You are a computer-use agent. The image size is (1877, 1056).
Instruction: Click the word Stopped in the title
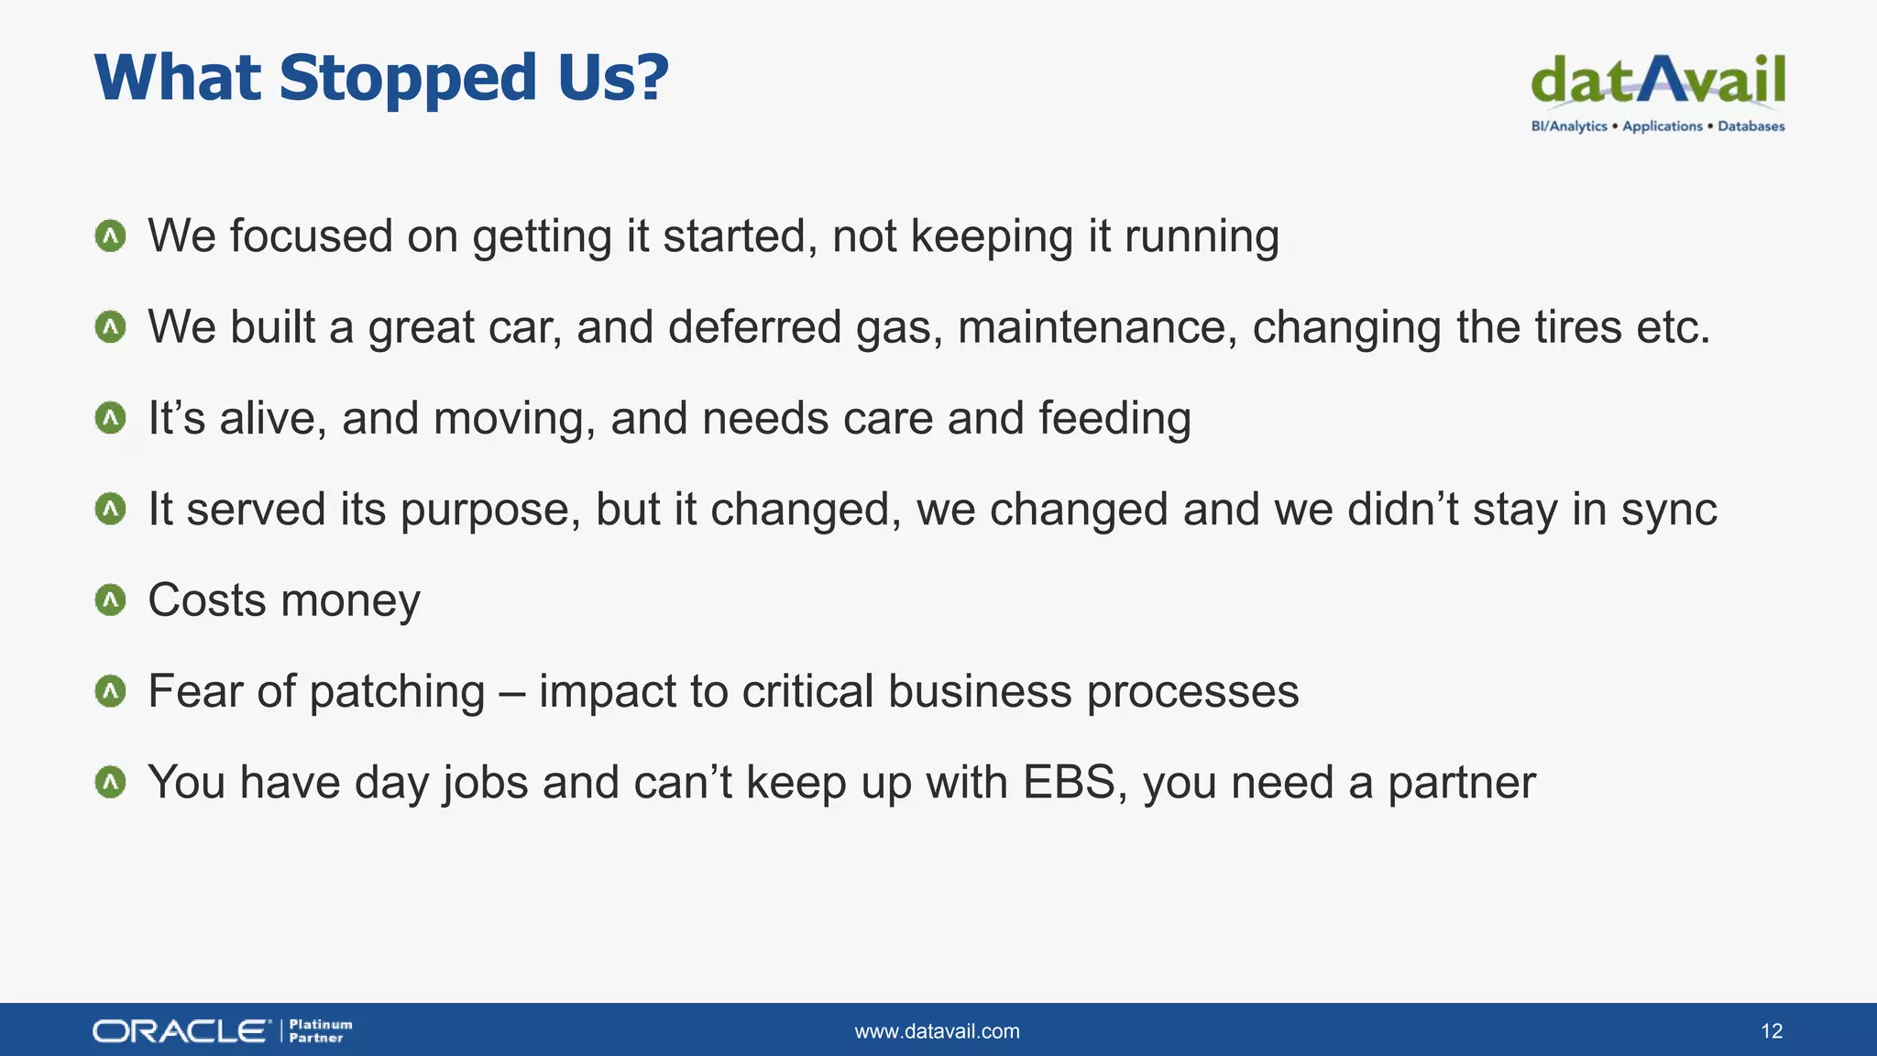(408, 79)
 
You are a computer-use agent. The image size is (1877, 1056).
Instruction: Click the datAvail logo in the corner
(1657, 81)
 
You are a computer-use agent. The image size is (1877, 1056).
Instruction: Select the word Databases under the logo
(1751, 126)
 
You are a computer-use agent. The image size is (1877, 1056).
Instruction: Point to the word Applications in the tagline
(1662, 126)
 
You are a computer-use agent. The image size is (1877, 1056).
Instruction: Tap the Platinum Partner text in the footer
(320, 1031)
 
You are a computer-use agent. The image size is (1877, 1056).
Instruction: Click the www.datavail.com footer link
(937, 1031)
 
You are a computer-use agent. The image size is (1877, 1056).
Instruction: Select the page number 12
(1771, 1031)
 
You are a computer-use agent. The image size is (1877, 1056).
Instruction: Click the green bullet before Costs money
(110, 600)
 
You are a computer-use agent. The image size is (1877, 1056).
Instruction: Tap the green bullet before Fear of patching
(110, 691)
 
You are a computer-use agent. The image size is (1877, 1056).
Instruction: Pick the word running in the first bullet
(1202, 236)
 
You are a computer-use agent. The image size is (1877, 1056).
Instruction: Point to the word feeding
(1114, 419)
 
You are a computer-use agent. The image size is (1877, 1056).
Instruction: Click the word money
(350, 601)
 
